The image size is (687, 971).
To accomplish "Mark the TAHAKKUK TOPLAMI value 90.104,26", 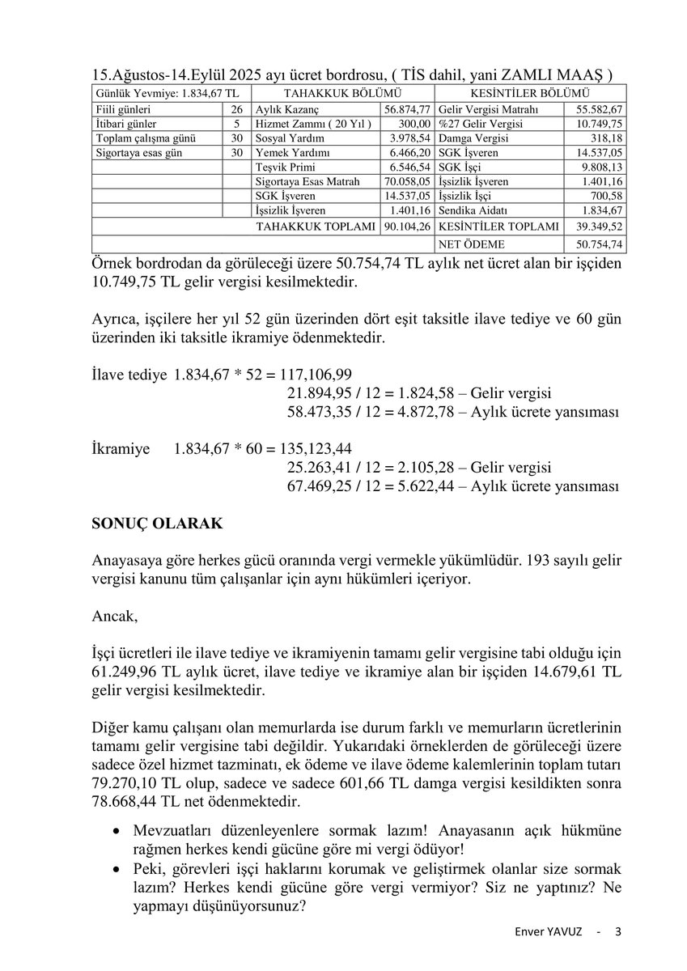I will [408, 227].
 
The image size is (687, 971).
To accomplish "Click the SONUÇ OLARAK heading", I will [157, 524].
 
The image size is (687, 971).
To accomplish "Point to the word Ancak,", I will [115, 617].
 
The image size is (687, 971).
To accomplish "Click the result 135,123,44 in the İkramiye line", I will [317, 448].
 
